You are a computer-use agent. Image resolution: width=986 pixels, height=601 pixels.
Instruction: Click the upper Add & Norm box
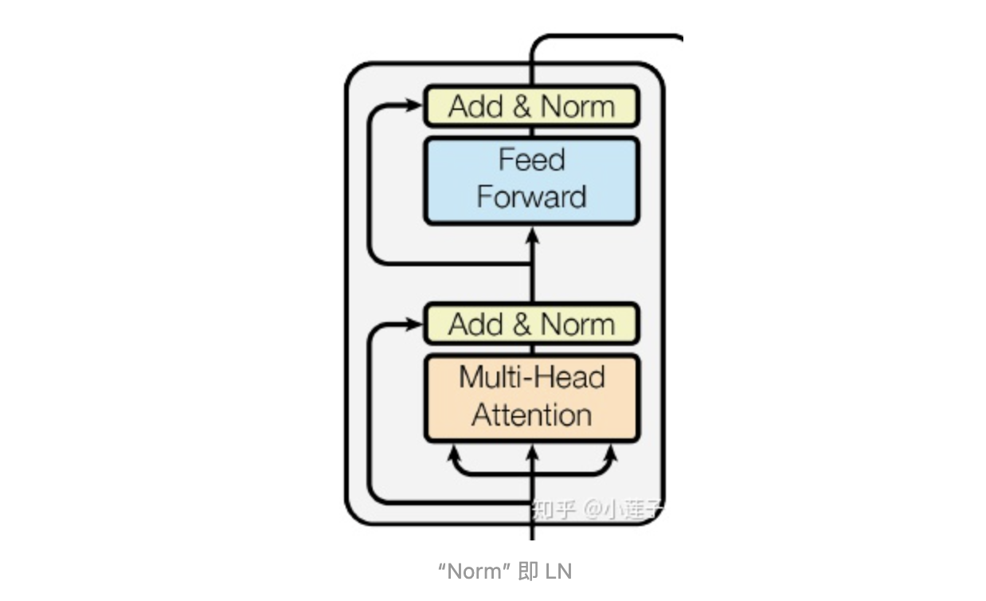tap(531, 106)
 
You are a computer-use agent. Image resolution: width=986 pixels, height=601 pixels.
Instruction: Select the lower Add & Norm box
tap(531, 324)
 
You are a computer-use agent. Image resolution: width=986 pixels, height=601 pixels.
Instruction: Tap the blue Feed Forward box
tap(531, 180)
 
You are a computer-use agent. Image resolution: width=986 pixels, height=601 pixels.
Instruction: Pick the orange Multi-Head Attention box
tap(531, 398)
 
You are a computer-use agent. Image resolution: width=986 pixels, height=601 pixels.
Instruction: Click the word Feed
tap(531, 159)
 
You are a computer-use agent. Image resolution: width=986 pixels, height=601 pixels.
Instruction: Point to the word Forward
tap(531, 197)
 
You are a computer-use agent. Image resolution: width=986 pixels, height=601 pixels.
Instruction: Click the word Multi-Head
tap(531, 377)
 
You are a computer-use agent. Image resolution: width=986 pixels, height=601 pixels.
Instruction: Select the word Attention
tap(531, 415)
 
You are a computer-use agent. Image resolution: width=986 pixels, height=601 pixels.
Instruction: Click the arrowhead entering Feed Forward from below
tap(533, 234)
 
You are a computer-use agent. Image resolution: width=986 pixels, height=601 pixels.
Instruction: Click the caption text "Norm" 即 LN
tap(505, 571)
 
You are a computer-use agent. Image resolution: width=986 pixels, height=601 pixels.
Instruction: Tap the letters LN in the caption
tap(559, 571)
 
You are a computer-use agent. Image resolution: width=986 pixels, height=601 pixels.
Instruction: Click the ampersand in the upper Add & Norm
tap(522, 107)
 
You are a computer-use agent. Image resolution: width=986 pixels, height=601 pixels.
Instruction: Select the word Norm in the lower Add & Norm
tap(577, 324)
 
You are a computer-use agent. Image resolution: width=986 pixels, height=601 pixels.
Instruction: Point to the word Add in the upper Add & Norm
tap(476, 107)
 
